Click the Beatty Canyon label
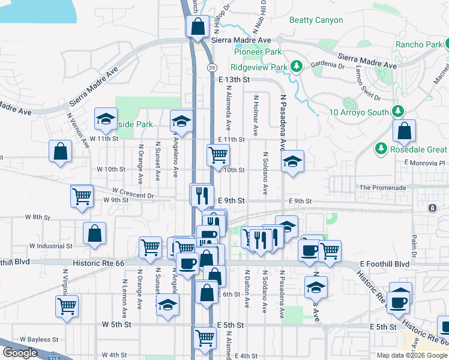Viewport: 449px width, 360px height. click(316, 20)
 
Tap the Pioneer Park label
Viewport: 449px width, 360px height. click(258, 52)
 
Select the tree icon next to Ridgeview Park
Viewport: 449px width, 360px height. click(295, 66)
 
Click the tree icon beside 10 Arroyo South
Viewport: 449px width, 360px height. click(397, 111)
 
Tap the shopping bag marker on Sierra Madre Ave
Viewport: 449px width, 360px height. click(197, 26)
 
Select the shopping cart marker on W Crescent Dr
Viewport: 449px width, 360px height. click(82, 196)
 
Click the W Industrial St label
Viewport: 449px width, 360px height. click(52, 245)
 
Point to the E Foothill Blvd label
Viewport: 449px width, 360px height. click(385, 264)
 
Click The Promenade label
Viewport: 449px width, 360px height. click(382, 188)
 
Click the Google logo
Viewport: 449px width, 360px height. click(19, 353)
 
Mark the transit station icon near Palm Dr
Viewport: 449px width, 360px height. click(432, 208)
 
